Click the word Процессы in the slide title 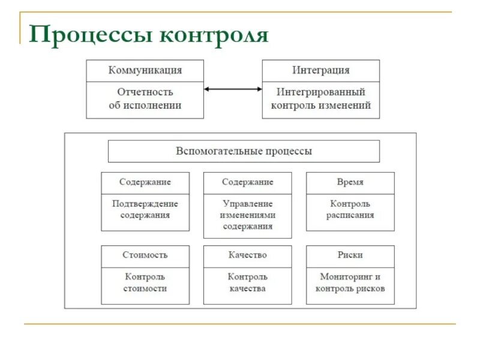click(x=89, y=34)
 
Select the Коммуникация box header click(x=145, y=70)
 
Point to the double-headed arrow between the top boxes click(x=233, y=89)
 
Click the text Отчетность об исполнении click(x=145, y=98)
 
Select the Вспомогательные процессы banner click(x=244, y=151)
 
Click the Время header click(x=350, y=182)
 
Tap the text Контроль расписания click(x=350, y=209)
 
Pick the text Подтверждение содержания click(x=145, y=209)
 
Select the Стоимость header click(x=145, y=255)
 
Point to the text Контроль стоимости click(x=145, y=283)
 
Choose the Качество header click(x=247, y=255)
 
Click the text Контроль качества click(x=247, y=283)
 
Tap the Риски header click(x=350, y=255)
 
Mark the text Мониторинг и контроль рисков click(x=350, y=283)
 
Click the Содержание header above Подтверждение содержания click(x=145, y=182)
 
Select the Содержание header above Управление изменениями click(x=247, y=182)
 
